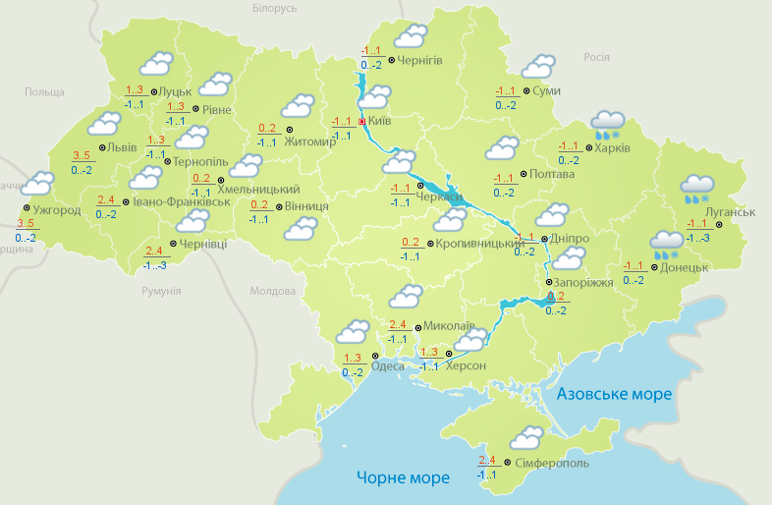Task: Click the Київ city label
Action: [x=379, y=122]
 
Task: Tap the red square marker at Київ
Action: [x=362, y=122]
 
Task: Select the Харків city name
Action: [x=611, y=149]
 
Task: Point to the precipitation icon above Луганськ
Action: [x=697, y=188]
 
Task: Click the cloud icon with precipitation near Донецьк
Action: [x=667, y=244]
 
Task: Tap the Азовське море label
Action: [x=614, y=394]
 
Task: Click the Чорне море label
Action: [x=403, y=478]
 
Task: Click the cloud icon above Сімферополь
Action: [x=527, y=437]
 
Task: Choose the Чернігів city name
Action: [x=421, y=60]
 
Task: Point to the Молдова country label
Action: [x=272, y=292]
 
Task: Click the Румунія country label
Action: [x=161, y=292]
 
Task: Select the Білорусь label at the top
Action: [x=274, y=8]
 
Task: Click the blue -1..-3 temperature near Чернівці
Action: [x=154, y=265]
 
